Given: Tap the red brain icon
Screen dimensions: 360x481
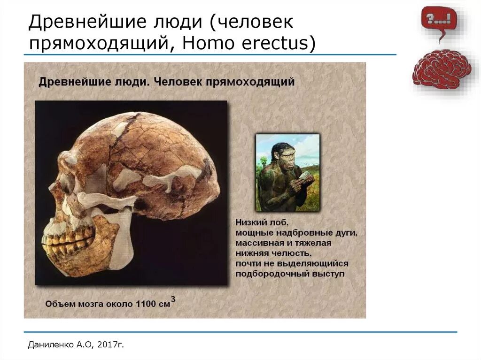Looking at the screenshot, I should [442, 69].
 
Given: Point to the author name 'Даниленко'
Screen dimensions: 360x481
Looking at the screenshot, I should [49, 345].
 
